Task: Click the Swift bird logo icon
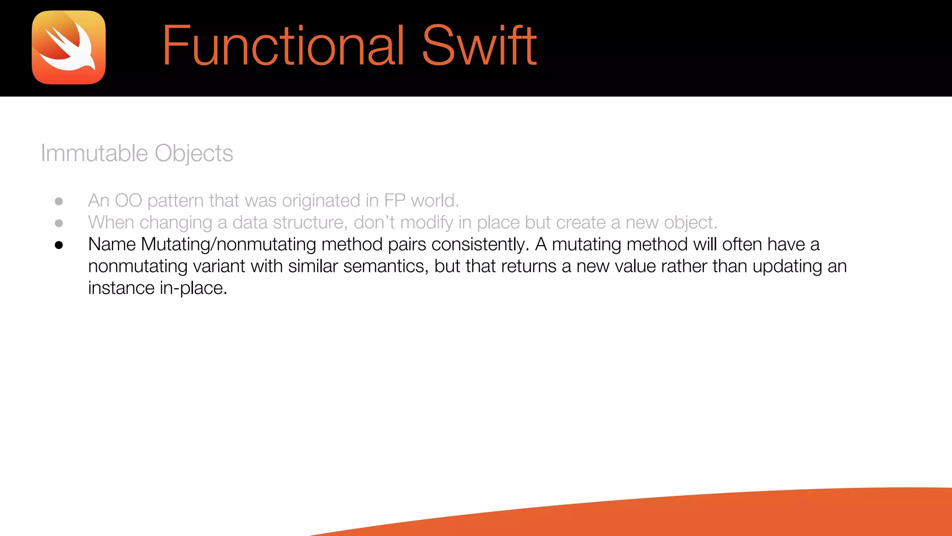(x=69, y=47)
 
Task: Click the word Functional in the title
(x=283, y=46)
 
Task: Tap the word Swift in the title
(x=479, y=46)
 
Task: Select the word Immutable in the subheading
(x=94, y=153)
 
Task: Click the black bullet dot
(x=59, y=245)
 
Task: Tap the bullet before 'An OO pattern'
(x=59, y=201)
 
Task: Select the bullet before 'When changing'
(x=59, y=223)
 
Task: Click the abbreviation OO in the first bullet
(x=128, y=201)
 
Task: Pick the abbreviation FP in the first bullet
(x=395, y=201)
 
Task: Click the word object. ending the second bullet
(x=691, y=223)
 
